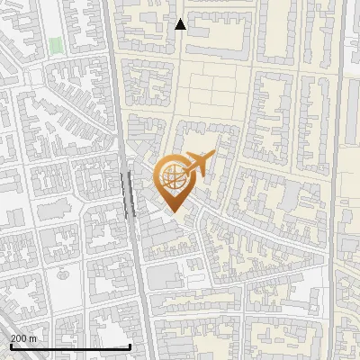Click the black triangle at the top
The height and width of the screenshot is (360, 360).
pyautogui.click(x=180, y=24)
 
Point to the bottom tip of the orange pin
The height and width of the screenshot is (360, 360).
pyautogui.click(x=172, y=211)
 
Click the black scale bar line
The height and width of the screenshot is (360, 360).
pyautogui.click(x=70, y=346)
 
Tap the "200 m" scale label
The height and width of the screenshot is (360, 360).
pyautogui.click(x=23, y=338)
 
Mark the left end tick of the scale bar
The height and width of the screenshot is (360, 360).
pyautogui.click(x=10, y=346)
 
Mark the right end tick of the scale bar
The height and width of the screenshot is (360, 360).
pyautogui.click(x=130, y=346)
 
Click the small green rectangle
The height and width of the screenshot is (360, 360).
pyautogui.click(x=57, y=45)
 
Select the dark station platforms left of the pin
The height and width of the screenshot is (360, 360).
pyautogui.click(x=127, y=191)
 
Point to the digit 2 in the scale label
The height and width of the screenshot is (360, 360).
pyautogui.click(x=13, y=338)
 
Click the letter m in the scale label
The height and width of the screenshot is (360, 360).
pyautogui.click(x=33, y=338)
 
